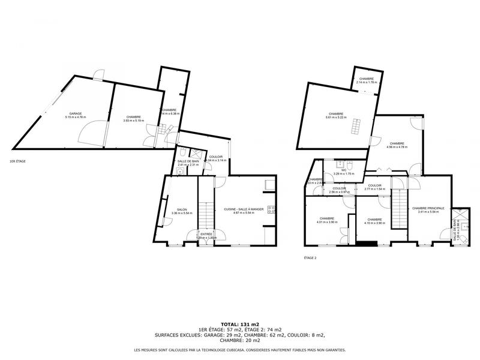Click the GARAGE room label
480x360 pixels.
click(76, 113)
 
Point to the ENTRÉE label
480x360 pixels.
click(206, 234)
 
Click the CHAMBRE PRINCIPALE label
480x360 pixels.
click(428, 208)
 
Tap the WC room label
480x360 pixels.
click(344, 170)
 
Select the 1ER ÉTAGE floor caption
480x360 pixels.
click(17, 161)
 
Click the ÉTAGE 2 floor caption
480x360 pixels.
click(310, 258)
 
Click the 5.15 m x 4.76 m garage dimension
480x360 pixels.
click(76, 117)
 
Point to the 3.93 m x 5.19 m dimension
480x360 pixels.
click(134, 121)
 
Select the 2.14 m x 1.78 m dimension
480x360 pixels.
click(367, 82)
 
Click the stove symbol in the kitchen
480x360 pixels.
click(271, 209)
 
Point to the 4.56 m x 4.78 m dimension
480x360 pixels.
click(397, 147)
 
